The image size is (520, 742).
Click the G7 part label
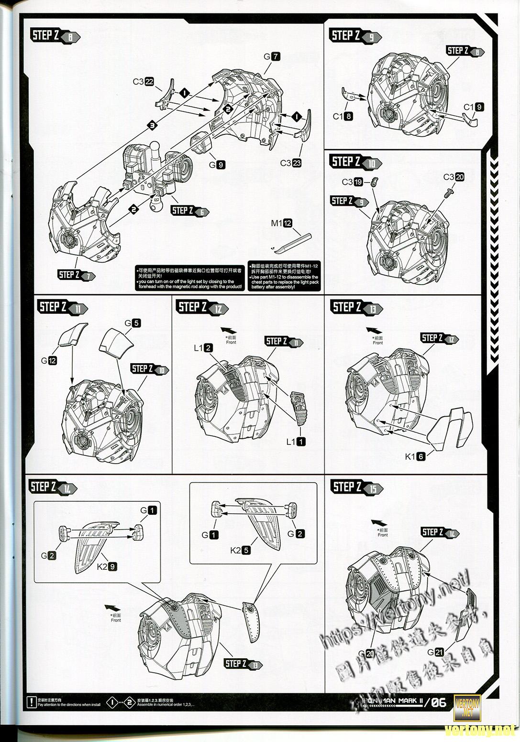click(x=272, y=56)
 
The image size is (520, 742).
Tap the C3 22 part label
click(x=143, y=82)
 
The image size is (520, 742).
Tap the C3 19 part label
click(x=353, y=182)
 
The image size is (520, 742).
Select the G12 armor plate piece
click(x=73, y=333)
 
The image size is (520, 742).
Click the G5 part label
click(x=133, y=323)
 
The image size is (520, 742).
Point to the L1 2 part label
click(x=203, y=348)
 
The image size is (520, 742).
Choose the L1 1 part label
click(x=296, y=442)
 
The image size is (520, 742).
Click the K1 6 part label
click(x=415, y=456)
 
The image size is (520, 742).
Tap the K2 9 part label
click(x=107, y=566)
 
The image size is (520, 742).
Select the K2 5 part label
click(x=240, y=550)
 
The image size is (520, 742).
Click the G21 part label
click(x=436, y=652)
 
